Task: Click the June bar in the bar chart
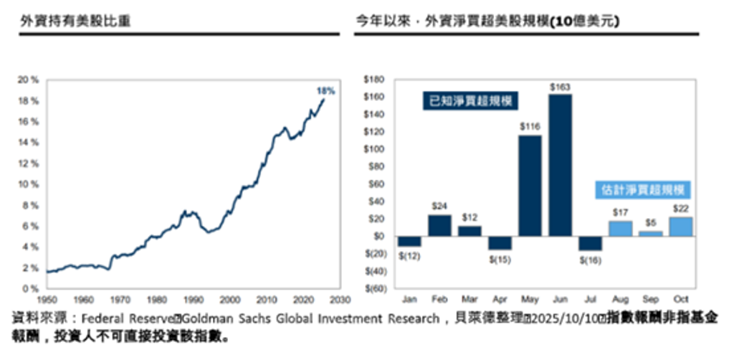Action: (561, 165)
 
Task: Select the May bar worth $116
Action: (530, 185)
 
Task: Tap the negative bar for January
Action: (410, 242)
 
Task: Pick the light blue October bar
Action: (681, 227)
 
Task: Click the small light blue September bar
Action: (651, 234)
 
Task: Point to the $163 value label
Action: (560, 86)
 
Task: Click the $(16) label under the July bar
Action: (591, 260)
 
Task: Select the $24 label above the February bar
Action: (440, 206)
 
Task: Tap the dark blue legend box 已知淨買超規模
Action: (471, 103)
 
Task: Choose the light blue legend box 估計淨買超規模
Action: (642, 190)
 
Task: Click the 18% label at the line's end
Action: (325, 91)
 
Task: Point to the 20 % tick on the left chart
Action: (29, 80)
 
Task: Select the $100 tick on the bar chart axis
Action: (375, 149)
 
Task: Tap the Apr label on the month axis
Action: (500, 298)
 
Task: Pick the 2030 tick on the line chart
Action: (340, 298)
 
